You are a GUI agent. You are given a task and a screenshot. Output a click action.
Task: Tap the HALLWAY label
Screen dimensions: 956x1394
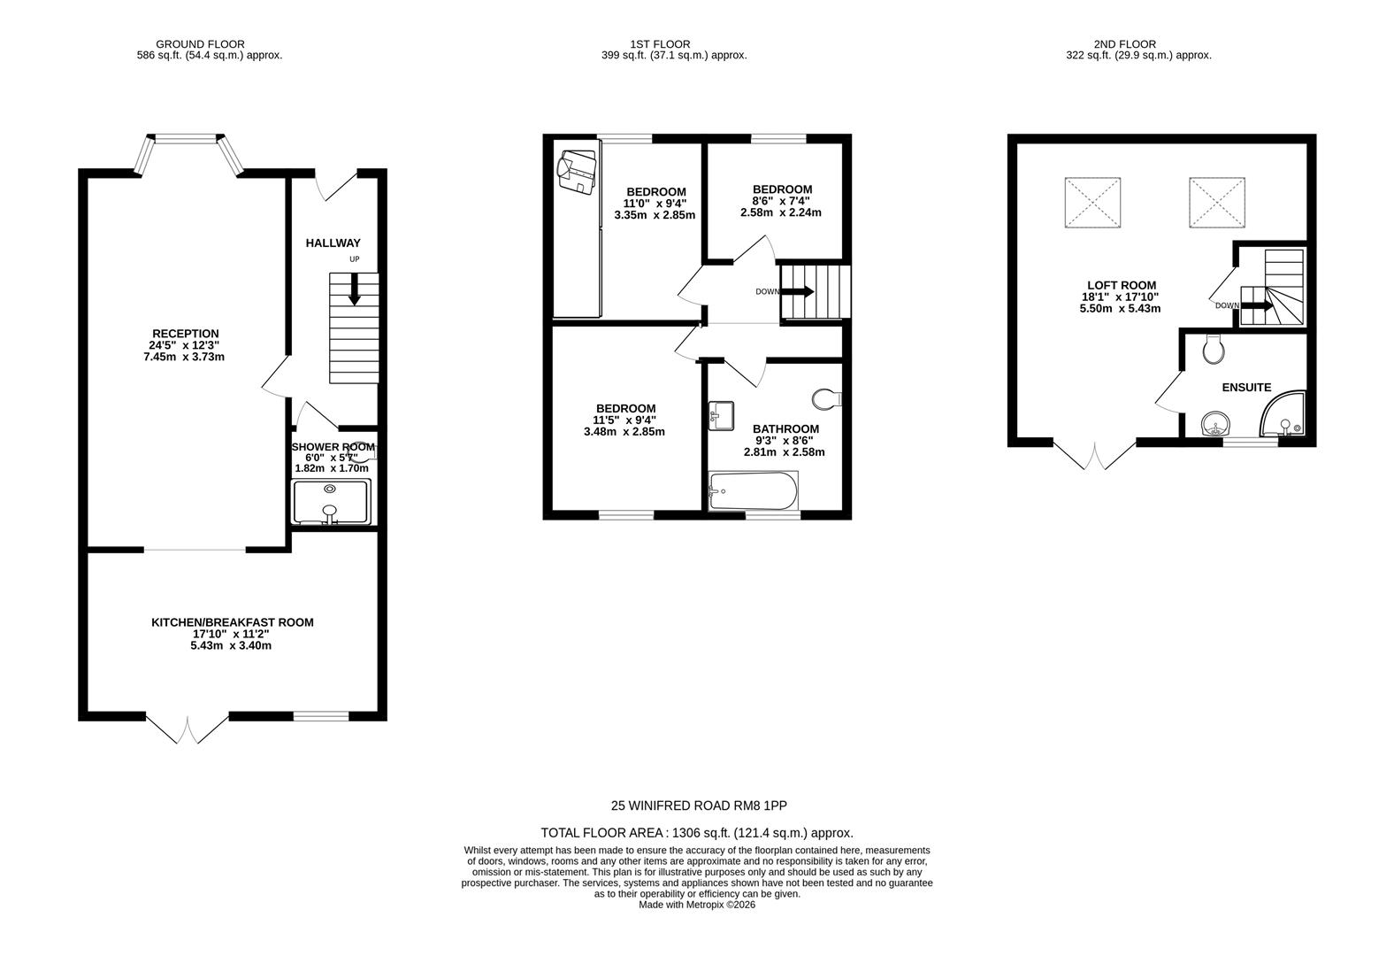coord(333,243)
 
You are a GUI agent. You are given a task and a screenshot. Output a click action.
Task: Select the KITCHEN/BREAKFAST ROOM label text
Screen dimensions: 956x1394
coord(232,622)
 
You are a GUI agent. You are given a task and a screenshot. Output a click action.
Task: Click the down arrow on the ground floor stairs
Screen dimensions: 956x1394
coord(354,289)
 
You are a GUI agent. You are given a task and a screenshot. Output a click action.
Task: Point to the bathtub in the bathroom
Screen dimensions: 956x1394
coord(754,490)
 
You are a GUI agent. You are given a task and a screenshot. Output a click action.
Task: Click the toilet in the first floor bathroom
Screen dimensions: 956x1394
coord(828,399)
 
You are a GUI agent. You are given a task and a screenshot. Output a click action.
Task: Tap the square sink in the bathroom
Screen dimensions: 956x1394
coord(721,416)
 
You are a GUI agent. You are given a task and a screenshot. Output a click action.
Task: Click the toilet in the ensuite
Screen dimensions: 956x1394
coord(1214,350)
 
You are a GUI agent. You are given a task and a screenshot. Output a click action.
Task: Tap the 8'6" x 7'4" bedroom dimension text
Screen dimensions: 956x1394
coord(782,201)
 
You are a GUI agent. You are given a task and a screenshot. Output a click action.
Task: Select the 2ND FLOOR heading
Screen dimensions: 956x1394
coord(1124,44)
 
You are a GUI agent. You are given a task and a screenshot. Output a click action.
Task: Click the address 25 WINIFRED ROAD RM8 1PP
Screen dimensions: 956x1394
coord(698,806)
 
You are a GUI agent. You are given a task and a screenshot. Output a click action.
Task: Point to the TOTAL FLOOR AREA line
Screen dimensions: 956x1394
coord(698,832)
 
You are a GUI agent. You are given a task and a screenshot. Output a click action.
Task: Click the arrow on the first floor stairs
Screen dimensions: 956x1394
coord(798,291)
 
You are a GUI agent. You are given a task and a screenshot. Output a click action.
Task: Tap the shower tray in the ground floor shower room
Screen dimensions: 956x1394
coord(330,502)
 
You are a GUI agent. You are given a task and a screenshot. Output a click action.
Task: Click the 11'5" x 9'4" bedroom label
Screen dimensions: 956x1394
coord(624,420)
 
